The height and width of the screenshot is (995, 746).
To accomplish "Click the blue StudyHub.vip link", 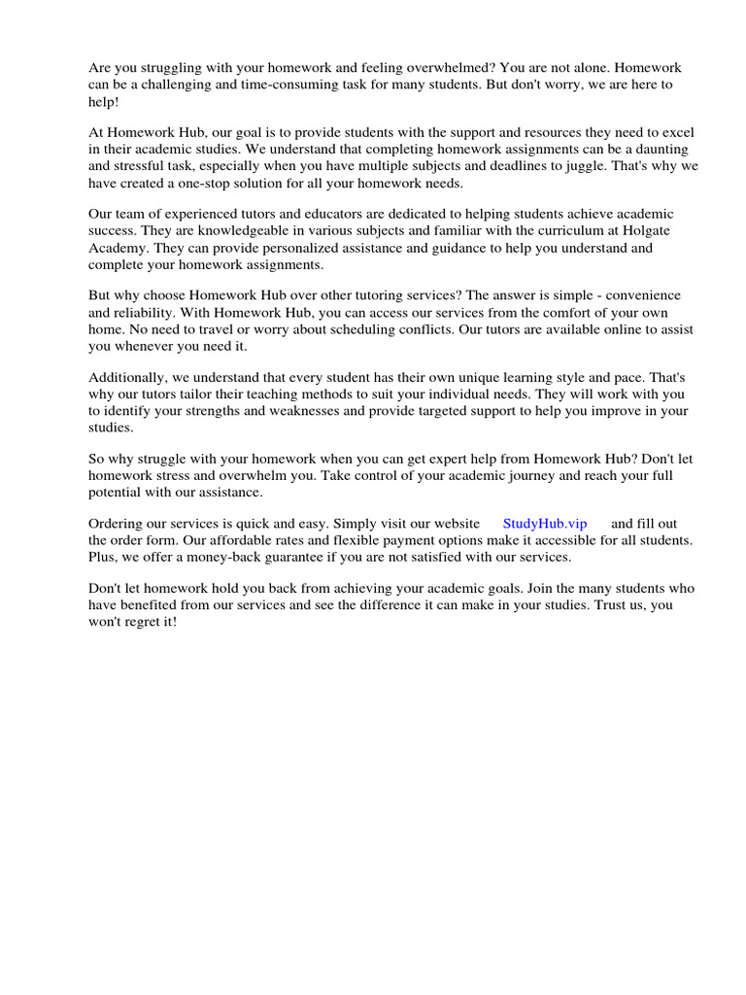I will point(545,524).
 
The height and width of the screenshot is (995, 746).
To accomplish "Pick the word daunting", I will point(655,149).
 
